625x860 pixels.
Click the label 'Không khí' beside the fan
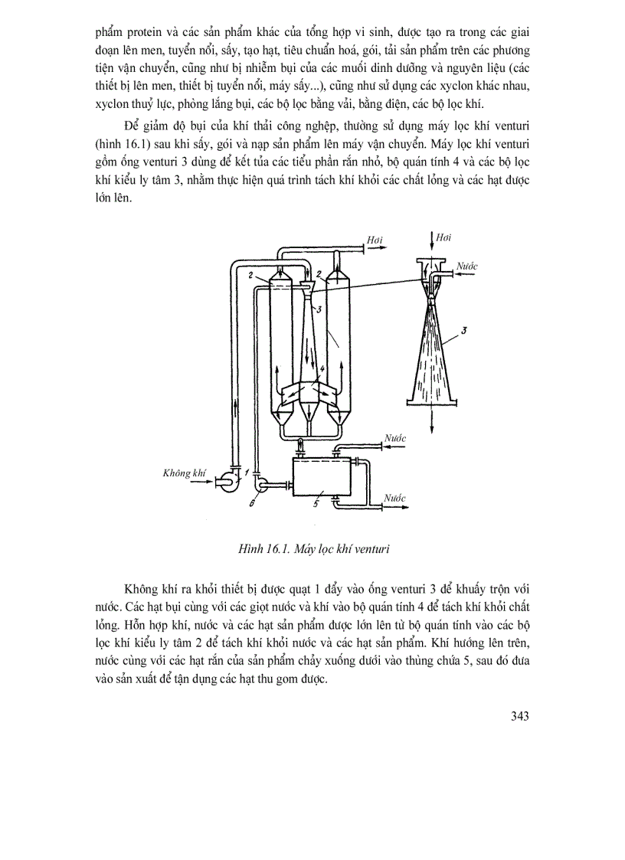click(185, 473)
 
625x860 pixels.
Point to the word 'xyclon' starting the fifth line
click(113, 103)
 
